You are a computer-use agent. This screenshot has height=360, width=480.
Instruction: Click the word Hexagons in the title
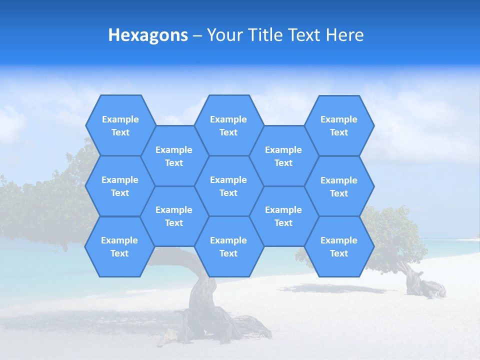pos(148,35)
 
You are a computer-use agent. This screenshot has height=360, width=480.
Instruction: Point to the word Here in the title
pos(344,35)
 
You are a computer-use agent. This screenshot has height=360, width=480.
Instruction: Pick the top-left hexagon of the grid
pos(120,125)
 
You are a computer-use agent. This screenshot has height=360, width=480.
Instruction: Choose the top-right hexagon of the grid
pos(339,125)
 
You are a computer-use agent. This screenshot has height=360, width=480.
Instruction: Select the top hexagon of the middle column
pos(228,125)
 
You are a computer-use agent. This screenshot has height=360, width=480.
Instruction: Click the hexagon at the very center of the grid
pos(228,186)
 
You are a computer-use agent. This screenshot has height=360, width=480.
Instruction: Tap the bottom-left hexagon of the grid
pos(119,246)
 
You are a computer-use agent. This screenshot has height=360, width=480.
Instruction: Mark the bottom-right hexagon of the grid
pos(339,246)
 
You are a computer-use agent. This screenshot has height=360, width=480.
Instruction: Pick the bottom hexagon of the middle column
pos(228,246)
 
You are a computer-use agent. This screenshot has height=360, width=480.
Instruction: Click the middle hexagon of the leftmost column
pos(120,186)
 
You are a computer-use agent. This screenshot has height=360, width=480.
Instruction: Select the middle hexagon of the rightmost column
pos(339,186)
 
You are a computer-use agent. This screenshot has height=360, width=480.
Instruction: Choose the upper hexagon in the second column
pos(174,156)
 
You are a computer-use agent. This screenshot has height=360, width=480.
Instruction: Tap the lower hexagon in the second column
pos(174,216)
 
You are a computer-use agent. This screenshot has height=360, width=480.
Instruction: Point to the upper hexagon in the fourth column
pos(283,156)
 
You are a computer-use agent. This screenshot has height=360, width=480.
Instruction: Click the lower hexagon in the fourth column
pos(283,216)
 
